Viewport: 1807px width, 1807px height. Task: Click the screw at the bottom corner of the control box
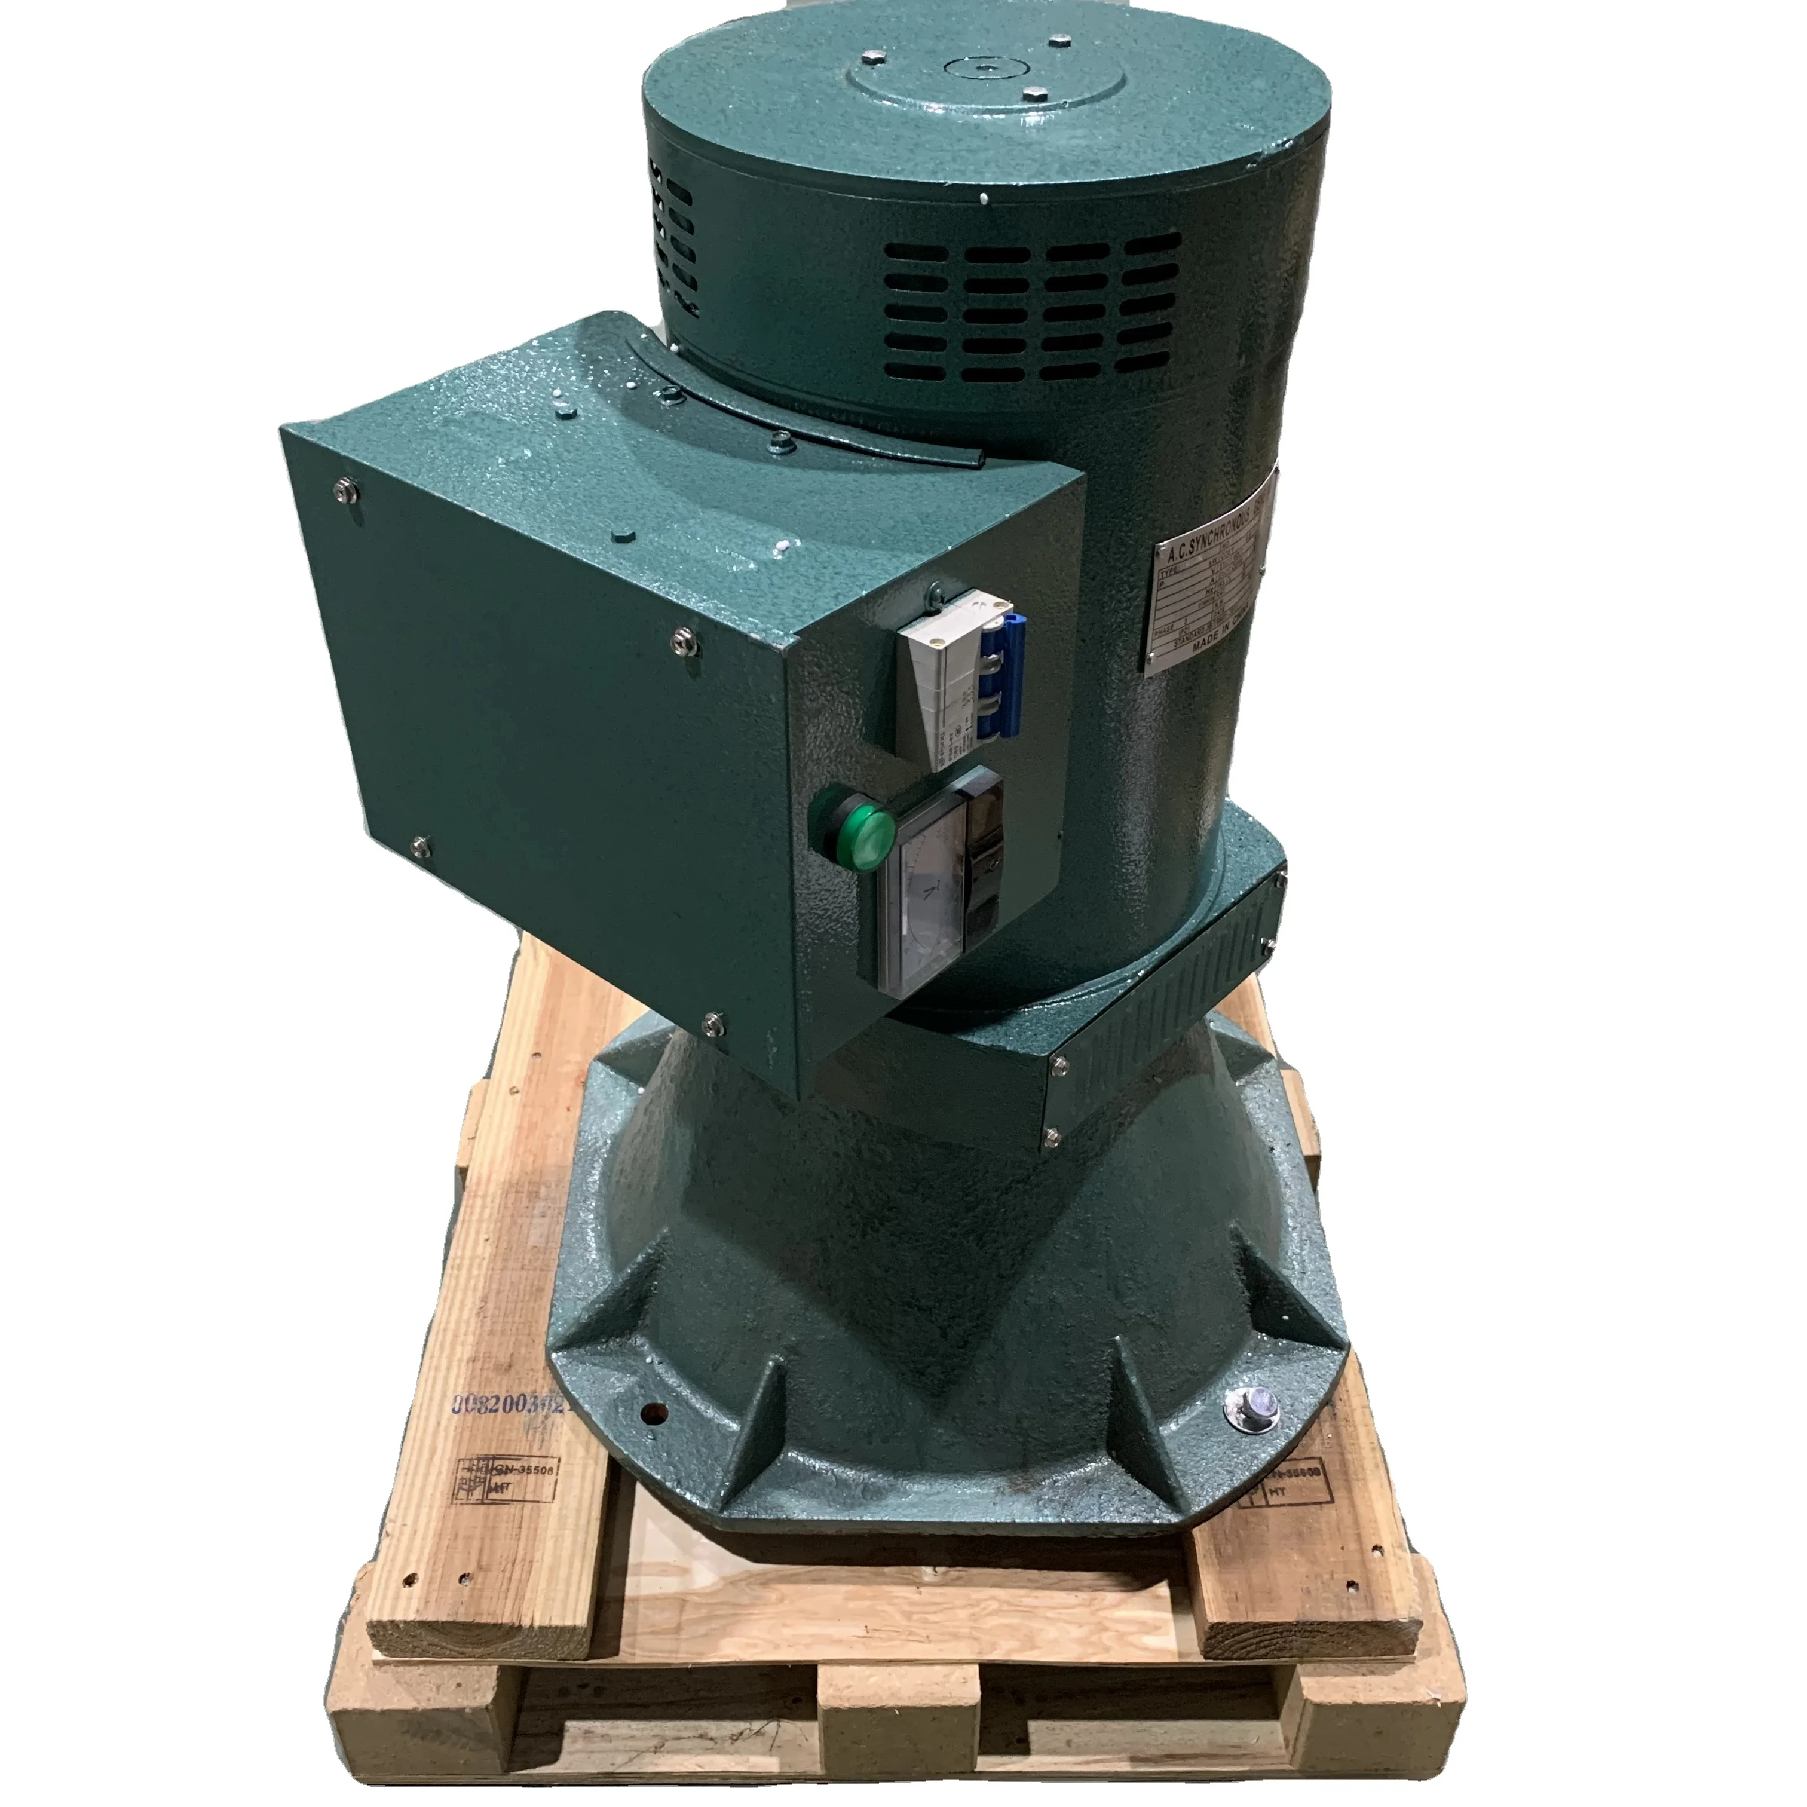713,1022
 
